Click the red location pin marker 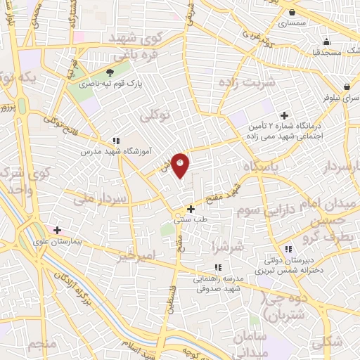(181, 165)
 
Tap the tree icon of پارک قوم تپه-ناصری (109, 72)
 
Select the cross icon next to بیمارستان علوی (58, 230)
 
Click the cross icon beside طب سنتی (191, 208)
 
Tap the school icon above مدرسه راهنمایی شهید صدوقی (218, 267)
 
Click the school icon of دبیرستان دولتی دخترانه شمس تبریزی (288, 249)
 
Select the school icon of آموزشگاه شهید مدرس (116, 140)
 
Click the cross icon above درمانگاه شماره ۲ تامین (284, 115)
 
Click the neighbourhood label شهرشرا (228, 246)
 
